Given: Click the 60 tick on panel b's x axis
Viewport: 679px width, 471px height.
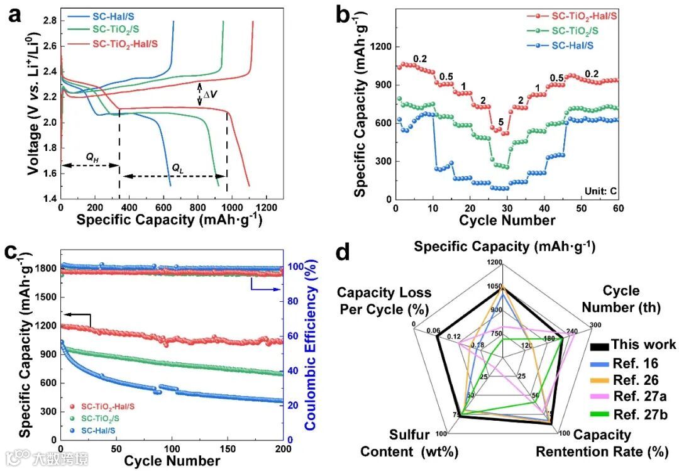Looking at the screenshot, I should pyautogui.click(x=618, y=208).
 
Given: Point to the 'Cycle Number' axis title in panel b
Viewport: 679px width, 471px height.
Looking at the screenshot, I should pyautogui.click(x=507, y=220).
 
